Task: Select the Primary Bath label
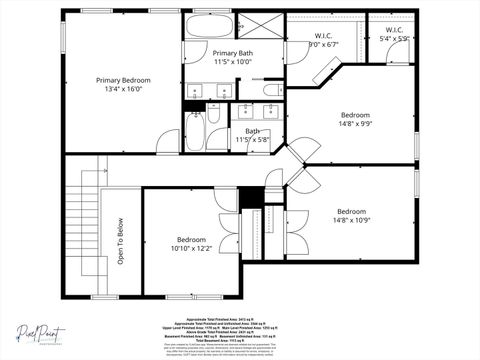coord(232,53)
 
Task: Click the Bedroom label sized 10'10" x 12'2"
coord(192,240)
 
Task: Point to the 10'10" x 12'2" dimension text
coord(192,249)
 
